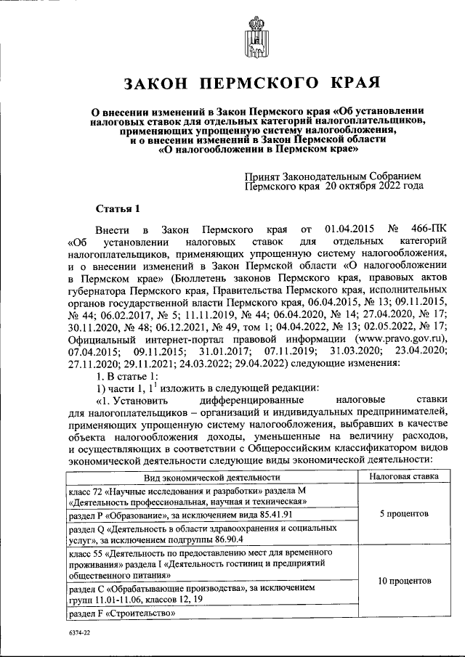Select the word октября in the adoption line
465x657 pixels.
tap(349, 186)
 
